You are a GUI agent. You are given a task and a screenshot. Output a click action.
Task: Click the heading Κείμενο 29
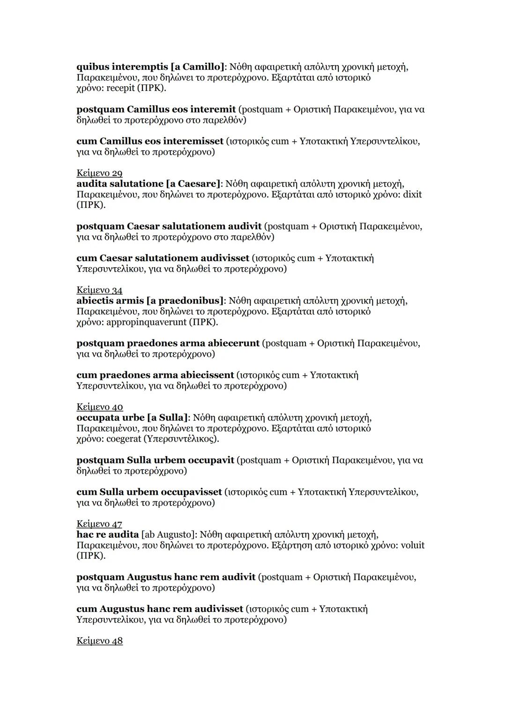click(x=99, y=173)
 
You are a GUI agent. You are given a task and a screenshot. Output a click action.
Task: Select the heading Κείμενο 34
click(x=99, y=290)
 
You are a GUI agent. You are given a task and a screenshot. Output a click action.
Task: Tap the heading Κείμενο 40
click(x=99, y=407)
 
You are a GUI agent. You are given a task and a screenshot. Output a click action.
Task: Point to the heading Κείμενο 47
click(x=99, y=523)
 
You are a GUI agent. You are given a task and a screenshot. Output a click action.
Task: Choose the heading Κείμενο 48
click(x=99, y=641)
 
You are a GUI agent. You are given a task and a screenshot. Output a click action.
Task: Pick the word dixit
click(x=412, y=194)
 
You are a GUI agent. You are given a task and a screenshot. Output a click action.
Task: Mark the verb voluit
click(x=413, y=545)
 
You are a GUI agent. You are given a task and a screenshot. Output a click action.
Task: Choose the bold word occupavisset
click(x=191, y=492)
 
